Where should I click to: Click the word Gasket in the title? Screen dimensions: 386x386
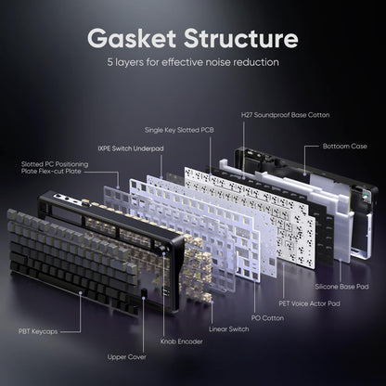[132, 38]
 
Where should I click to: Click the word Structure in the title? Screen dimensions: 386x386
[241, 38]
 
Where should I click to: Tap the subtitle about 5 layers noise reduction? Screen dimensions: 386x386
[193, 62]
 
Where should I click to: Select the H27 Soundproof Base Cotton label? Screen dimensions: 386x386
[285, 115]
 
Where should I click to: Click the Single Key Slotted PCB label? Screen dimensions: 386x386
[179, 130]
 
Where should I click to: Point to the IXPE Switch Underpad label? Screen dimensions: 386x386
[131, 148]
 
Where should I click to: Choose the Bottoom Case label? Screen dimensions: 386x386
[345, 146]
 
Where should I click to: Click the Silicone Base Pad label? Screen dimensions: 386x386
[341, 287]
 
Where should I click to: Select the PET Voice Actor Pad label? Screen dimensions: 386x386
[309, 303]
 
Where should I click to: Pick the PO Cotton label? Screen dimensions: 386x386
[267, 318]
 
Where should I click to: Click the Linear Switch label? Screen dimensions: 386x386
[229, 329]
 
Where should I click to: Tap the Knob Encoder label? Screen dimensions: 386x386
[182, 341]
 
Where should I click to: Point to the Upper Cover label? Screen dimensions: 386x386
[127, 357]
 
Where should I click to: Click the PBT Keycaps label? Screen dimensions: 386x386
[38, 331]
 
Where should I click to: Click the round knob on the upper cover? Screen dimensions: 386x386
[163, 251]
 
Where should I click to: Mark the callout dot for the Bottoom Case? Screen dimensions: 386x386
[304, 174]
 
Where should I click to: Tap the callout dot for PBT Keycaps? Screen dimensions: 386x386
[80, 292]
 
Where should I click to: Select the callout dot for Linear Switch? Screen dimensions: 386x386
[212, 302]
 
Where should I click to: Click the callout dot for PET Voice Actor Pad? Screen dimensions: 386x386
[284, 264]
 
